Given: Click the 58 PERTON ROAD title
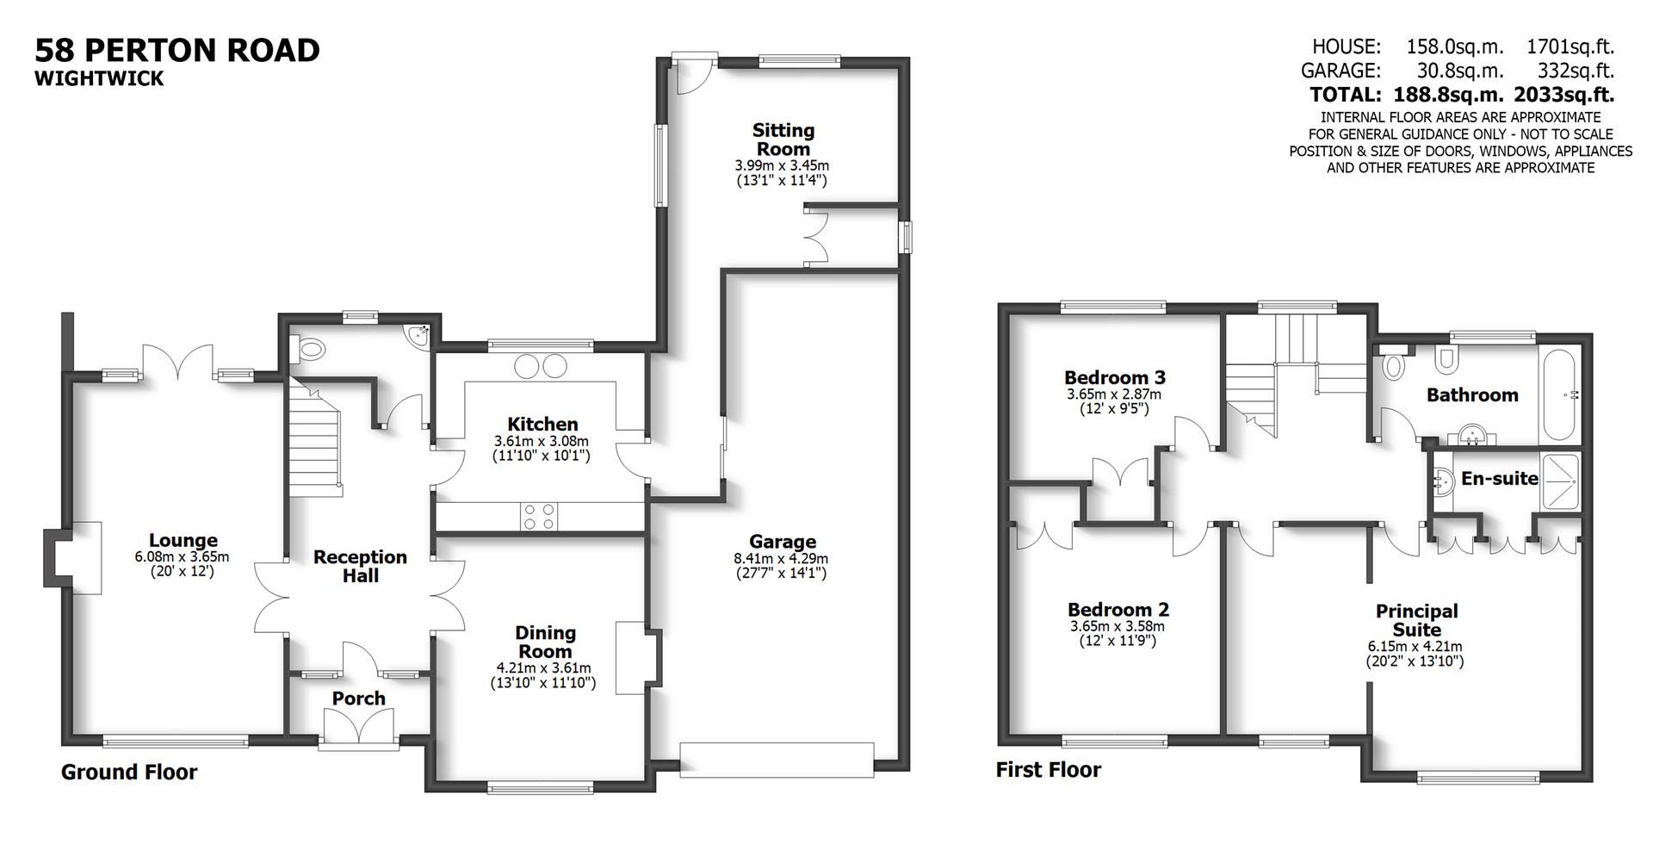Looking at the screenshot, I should point(176,50).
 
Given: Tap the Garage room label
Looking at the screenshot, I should point(782,542).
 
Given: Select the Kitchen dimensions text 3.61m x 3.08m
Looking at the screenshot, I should point(542,441).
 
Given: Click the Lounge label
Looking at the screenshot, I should point(183,541).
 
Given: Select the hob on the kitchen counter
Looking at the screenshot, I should point(539,516).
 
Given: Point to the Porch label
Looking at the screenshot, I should point(358,698).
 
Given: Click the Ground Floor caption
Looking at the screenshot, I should point(129,773).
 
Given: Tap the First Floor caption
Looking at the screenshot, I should point(1048,769).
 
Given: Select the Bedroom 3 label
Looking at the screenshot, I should point(1114,377).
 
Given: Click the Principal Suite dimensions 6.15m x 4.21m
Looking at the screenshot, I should point(1415,647).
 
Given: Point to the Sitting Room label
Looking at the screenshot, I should point(783,140).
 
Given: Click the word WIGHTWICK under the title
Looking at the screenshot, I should point(99,78).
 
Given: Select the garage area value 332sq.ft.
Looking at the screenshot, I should point(1576,71).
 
